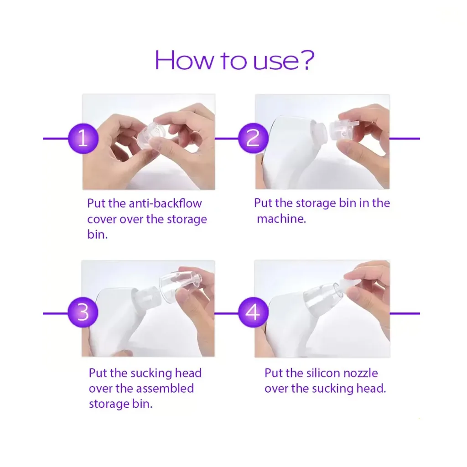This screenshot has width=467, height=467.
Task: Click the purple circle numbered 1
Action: (83, 139)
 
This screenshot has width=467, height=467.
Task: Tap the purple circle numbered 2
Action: (253, 138)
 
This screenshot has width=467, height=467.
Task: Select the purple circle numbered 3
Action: (83, 312)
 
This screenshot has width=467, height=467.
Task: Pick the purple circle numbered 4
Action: (253, 312)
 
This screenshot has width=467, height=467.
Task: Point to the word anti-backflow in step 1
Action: (165, 203)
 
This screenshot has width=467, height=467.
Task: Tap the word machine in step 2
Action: (281, 219)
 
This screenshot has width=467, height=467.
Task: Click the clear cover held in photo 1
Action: (151, 133)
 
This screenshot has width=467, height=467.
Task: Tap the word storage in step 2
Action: (316, 203)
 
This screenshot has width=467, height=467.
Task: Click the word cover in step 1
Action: (102, 219)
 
